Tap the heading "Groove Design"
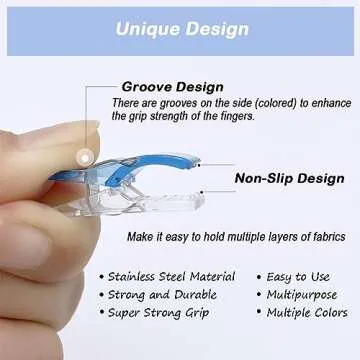click(x=172, y=87)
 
